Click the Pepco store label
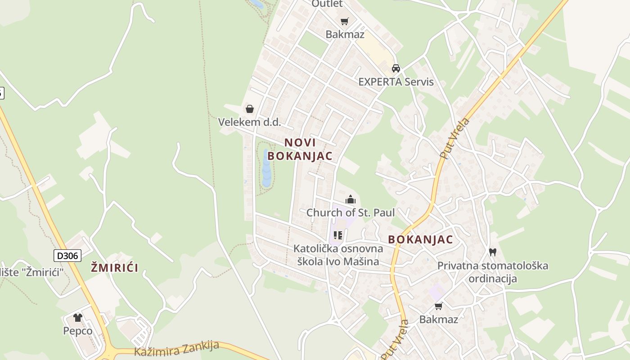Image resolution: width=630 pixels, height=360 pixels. [78, 331]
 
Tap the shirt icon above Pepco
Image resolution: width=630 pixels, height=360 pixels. [78, 318]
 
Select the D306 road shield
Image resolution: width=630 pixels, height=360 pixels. [67, 256]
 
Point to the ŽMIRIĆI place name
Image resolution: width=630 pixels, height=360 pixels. [114, 268]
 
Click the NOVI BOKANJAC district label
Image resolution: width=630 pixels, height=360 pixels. [300, 149]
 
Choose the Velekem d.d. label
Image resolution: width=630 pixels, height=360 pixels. [249, 122]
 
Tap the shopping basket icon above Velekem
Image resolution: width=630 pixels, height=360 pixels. [249, 109]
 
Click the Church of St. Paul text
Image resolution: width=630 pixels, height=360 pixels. [351, 212]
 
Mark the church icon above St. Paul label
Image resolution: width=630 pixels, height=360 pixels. [351, 199]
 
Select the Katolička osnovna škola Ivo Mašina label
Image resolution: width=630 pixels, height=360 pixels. [338, 255]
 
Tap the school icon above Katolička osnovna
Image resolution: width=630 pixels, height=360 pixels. [338, 235]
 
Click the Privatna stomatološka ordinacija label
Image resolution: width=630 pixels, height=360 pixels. [493, 272]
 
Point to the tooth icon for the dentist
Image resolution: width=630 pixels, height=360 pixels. [493, 252]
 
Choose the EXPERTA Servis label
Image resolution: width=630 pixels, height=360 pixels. [396, 81]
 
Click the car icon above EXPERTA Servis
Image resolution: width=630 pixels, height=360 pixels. [396, 68]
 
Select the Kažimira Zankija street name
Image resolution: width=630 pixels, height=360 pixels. [177, 349]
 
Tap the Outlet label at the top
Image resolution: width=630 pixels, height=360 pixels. [327, 4]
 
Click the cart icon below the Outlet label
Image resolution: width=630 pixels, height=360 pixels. [345, 21]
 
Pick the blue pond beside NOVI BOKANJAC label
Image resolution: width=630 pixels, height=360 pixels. [266, 169]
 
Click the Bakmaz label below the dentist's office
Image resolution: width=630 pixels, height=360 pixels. [438, 319]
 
